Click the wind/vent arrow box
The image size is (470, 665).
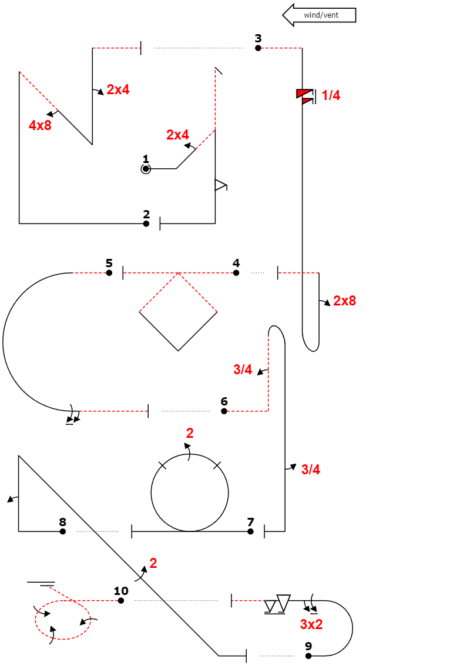[x=320, y=15]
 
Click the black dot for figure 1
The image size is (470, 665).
[x=146, y=169]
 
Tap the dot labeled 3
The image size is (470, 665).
[x=258, y=48]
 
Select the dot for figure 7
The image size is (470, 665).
[x=251, y=531]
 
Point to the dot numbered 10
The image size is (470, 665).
[x=121, y=600]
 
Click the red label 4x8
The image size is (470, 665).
[x=40, y=125]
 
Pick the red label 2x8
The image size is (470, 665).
[x=345, y=301]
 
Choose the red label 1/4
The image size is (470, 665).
[x=331, y=95]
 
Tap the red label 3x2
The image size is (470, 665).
[x=312, y=624]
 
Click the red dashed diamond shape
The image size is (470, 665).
[x=178, y=312]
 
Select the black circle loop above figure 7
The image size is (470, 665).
[x=190, y=493]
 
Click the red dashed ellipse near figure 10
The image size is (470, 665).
[x=63, y=620]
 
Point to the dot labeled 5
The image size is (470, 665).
[x=109, y=273]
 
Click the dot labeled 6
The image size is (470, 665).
[x=224, y=411]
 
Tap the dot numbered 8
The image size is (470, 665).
[x=63, y=531]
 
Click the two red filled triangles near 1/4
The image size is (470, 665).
[x=305, y=97]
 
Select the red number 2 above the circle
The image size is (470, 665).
[x=190, y=434]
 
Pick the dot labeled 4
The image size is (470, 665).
[x=236, y=273]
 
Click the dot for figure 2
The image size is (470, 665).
[x=146, y=224]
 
